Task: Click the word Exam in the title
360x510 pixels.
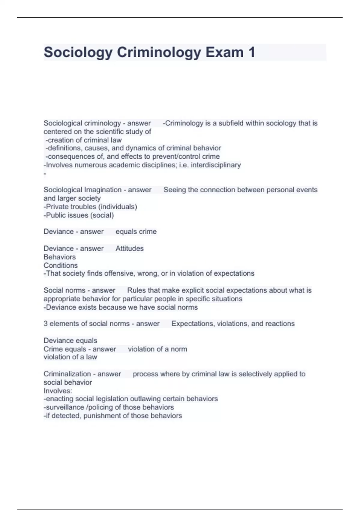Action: tap(224, 52)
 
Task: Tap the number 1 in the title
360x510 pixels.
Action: tap(251, 52)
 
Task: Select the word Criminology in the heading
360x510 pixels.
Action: tap(159, 52)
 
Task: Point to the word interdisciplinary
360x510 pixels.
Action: tap(216, 165)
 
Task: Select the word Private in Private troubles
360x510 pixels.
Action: tap(56, 207)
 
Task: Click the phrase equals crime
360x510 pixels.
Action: tap(136, 232)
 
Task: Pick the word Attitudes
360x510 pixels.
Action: tap(130, 248)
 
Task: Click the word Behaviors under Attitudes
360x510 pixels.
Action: tap(59, 257)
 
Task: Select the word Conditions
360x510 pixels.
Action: tap(61, 265)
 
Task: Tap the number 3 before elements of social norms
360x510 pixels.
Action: tap(46, 324)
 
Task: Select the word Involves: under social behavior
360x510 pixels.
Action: tap(58, 391)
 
